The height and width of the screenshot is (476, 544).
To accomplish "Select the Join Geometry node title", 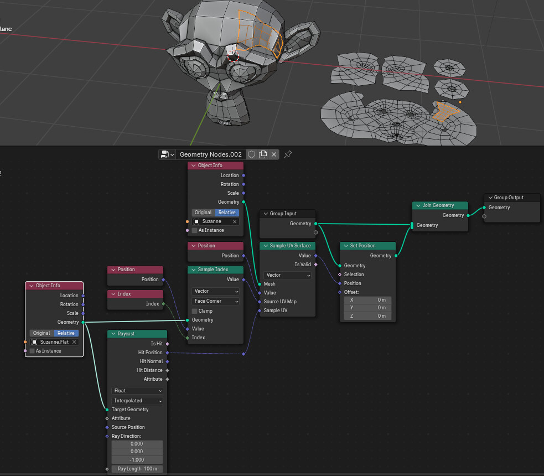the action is [x=441, y=205].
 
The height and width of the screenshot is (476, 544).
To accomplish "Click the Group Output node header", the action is [x=512, y=198].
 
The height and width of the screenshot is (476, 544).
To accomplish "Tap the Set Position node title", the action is [x=367, y=246].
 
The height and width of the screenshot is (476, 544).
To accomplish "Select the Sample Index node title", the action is [x=215, y=270].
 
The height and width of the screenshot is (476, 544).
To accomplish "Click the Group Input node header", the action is [x=287, y=214].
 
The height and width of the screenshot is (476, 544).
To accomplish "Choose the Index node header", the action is [x=135, y=294].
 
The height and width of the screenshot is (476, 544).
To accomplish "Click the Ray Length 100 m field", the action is [x=137, y=469].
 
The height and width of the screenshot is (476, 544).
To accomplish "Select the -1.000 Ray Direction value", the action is [x=137, y=460].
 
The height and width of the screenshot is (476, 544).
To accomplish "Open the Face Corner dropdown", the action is [x=216, y=301].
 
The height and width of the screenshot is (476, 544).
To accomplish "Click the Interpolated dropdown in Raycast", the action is [x=138, y=401].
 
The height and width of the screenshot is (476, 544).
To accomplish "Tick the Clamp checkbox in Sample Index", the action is [x=195, y=311].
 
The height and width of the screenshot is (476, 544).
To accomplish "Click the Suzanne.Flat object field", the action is [x=54, y=342].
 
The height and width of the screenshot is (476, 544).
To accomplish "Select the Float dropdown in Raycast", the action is [x=138, y=391].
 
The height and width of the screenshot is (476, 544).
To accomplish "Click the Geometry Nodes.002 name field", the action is [x=211, y=154].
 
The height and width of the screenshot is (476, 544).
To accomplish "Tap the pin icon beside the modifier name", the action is [x=288, y=154].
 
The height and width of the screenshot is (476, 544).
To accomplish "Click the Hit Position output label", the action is [x=150, y=353].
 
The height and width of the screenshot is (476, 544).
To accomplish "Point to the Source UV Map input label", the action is [x=280, y=302].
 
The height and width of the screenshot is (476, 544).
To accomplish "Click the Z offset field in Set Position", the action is [x=367, y=316].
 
